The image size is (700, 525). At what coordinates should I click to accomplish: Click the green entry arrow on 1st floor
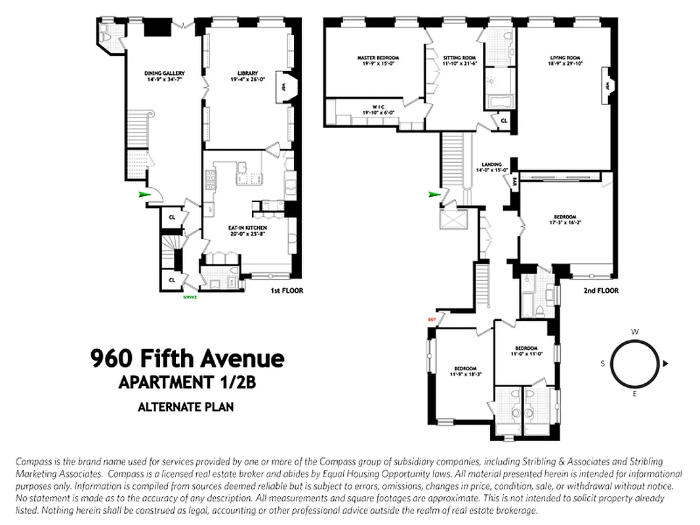(143, 194)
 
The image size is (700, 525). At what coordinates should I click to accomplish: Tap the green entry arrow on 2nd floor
(433, 194)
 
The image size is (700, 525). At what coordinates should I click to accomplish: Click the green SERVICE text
(190, 297)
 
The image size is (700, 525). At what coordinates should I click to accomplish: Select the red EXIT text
(432, 320)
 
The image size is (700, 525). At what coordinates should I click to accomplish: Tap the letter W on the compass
(634, 332)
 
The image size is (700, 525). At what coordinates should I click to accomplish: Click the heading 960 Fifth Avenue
(187, 359)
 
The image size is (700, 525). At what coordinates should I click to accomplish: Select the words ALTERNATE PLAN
(186, 407)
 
